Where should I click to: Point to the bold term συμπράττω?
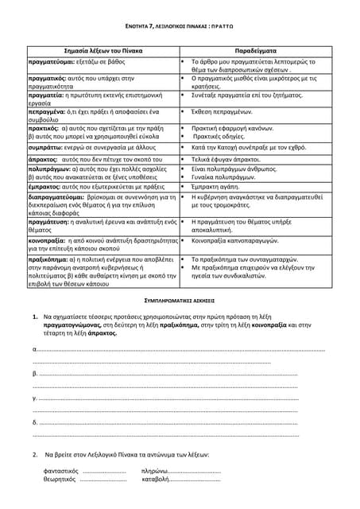tap(48, 147)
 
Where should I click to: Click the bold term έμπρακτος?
tap(47, 185)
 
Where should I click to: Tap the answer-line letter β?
tap(35, 373)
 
